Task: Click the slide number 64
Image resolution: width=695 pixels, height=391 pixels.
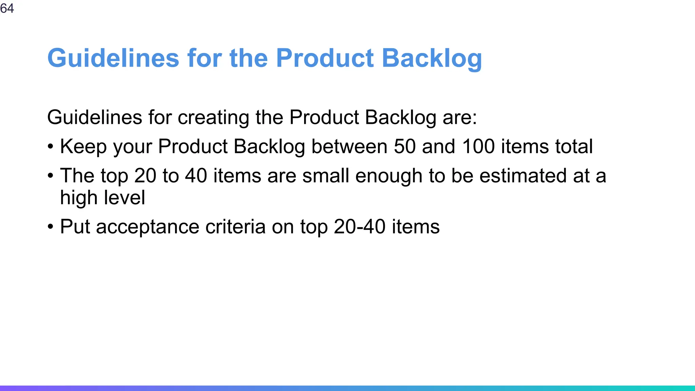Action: pos(7,8)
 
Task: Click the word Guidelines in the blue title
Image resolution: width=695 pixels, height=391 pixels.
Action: pos(113,58)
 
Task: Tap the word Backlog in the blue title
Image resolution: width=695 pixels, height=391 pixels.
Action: pos(432,58)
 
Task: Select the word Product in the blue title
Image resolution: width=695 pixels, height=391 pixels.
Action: pos(325,58)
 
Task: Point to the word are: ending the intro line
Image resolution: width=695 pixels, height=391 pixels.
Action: pos(459,117)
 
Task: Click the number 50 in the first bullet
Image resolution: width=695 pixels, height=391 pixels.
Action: pos(405,147)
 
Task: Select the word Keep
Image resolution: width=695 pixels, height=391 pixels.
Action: pos(83,147)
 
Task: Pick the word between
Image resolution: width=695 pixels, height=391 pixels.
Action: pos(349,147)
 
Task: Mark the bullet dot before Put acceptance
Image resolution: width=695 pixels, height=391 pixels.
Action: pos(51,227)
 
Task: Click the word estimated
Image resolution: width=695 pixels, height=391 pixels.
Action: pos(523,176)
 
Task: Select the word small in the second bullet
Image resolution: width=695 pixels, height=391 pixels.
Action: pos(325,176)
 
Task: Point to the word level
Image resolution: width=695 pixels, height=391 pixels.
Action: pos(125,198)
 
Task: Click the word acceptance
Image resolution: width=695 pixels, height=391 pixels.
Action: pos(148,227)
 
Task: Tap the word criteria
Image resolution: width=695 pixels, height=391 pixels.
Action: pos(235,227)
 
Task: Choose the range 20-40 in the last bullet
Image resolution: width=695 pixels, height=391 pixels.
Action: pos(360,227)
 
